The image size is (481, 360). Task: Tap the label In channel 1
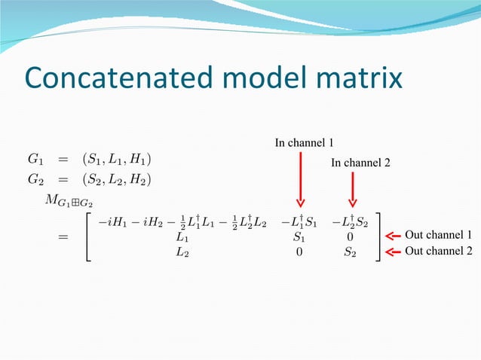click(304, 142)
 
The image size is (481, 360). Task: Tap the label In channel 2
click(360, 162)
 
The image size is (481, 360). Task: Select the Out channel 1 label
click(438, 236)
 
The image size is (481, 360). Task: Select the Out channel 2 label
click(438, 252)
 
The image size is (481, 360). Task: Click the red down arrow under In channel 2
click(352, 188)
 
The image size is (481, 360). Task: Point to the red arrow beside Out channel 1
click(393, 236)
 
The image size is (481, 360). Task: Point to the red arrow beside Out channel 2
click(393, 252)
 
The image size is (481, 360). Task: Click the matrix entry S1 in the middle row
click(300, 237)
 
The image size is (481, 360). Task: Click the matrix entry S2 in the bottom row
click(350, 252)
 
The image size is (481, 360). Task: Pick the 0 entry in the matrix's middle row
click(351, 237)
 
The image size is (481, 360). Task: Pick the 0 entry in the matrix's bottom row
click(299, 252)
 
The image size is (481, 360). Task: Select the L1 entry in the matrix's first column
click(182, 237)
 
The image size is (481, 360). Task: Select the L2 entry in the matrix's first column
click(182, 252)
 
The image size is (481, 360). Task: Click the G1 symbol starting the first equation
click(35, 159)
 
